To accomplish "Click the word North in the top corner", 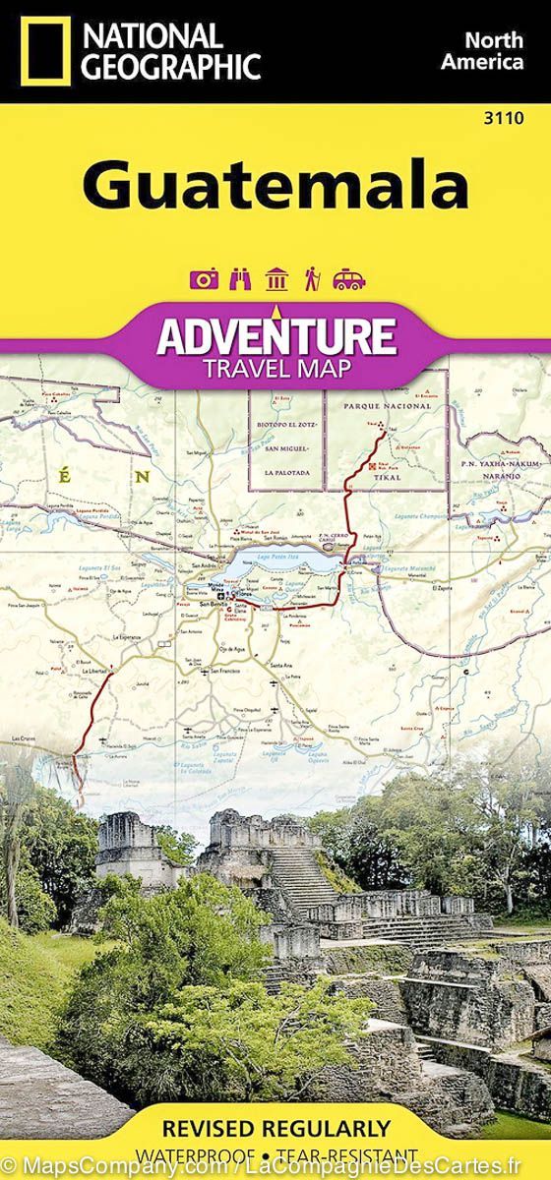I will coord(494,40).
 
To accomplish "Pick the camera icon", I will coord(204,279).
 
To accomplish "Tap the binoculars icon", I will coord(240,279).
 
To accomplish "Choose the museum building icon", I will coord(276,279).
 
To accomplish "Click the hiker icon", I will coord(312,279).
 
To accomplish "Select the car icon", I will coord(348,279).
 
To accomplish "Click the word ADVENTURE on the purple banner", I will coord(275,336).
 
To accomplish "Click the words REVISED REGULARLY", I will coord(275,1127).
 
